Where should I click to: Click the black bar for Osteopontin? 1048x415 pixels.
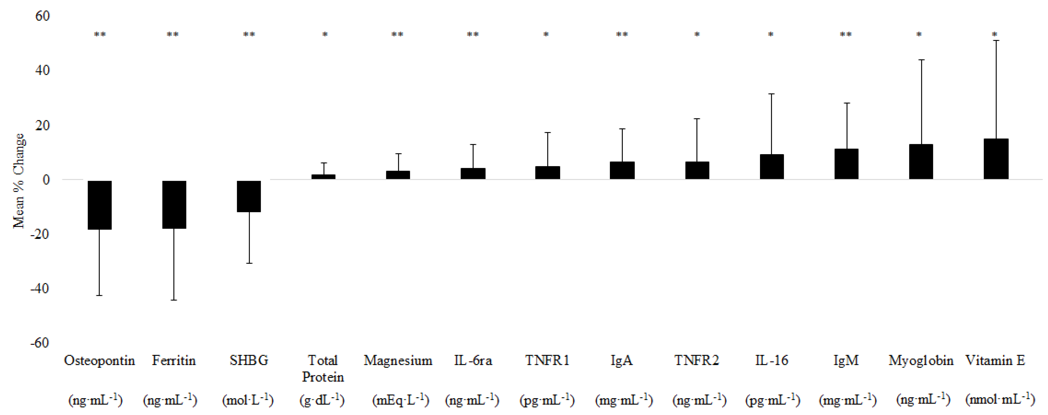(x=100, y=205)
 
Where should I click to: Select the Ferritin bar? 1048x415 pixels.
(x=174, y=204)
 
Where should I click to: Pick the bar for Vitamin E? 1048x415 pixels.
(x=996, y=159)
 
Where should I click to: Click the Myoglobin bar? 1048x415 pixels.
(x=921, y=162)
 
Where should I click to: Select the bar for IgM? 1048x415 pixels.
(x=846, y=164)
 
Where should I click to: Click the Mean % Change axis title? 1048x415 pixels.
(x=19, y=181)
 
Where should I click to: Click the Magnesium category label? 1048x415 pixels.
(x=398, y=360)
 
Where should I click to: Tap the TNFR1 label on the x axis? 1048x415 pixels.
(x=547, y=360)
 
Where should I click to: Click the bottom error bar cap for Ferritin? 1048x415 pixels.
(x=174, y=300)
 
